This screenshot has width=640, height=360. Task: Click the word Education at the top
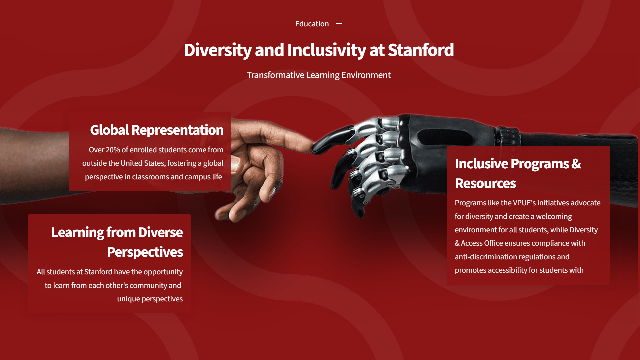click(x=312, y=24)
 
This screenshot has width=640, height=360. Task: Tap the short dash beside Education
click(x=339, y=24)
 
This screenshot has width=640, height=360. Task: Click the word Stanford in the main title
click(x=421, y=50)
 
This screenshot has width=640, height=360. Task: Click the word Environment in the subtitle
click(x=366, y=75)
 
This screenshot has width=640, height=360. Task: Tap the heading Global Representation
click(x=157, y=130)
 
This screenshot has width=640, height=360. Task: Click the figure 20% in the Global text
click(x=113, y=150)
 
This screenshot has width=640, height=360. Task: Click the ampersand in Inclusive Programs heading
click(x=576, y=164)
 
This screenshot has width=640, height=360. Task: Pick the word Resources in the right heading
click(x=485, y=184)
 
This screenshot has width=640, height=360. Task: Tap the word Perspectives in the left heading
click(x=145, y=252)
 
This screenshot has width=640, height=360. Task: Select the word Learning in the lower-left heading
click(x=78, y=233)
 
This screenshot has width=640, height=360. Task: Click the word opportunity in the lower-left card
click(x=163, y=272)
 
